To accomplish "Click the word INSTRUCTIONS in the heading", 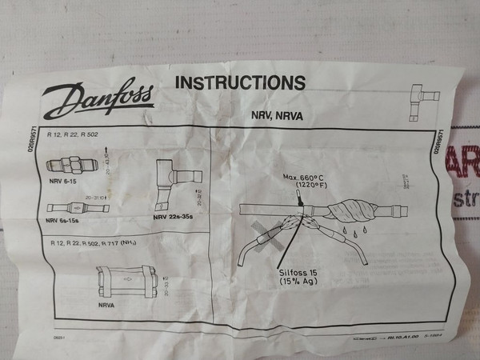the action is pos(240,83).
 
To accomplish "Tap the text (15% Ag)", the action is pos(298,282).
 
